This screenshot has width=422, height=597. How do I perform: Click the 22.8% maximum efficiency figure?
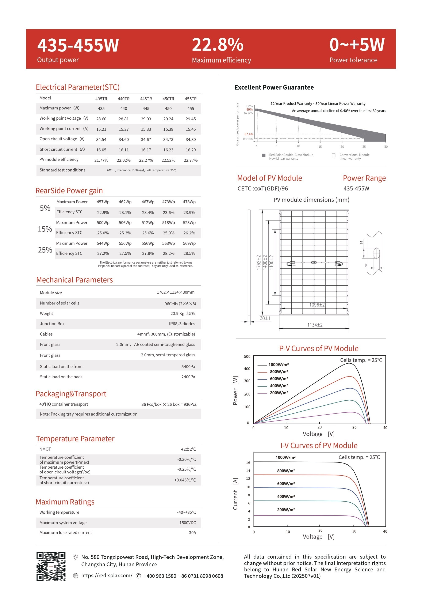click(x=218, y=45)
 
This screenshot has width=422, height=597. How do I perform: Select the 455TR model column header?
click(x=191, y=99)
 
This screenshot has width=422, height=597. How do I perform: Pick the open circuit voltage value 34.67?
click(x=146, y=140)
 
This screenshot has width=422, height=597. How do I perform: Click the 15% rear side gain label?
click(x=45, y=229)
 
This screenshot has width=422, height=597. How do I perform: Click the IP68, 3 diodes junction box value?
click(x=182, y=324)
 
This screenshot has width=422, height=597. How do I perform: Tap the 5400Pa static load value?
click(x=188, y=367)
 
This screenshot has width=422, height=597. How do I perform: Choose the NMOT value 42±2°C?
click(x=188, y=449)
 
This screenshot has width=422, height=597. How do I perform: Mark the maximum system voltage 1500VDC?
click(x=188, y=523)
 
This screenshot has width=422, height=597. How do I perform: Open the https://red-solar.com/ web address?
click(x=107, y=575)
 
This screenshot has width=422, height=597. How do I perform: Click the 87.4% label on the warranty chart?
click(x=249, y=134)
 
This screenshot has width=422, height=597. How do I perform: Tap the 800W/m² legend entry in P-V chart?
click(x=279, y=371)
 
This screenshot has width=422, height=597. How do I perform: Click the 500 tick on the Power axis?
click(x=247, y=356)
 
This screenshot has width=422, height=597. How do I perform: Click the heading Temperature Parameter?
click(x=75, y=439)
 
